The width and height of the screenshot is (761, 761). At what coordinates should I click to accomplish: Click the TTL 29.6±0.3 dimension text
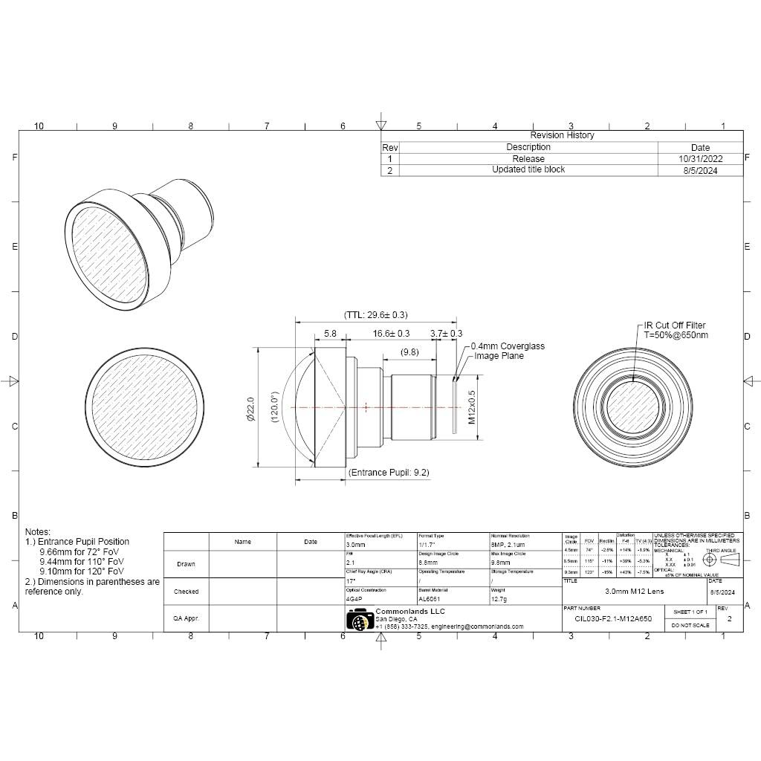[x=375, y=315]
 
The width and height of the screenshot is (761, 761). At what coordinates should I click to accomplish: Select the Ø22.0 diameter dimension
[x=250, y=409]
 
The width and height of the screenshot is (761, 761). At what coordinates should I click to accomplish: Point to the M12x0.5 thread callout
[x=471, y=407]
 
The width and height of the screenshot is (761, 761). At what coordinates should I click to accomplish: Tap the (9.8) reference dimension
[x=409, y=352]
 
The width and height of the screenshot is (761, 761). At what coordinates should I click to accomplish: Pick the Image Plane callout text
[x=499, y=356]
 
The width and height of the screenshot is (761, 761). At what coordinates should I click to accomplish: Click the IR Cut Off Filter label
[x=675, y=326]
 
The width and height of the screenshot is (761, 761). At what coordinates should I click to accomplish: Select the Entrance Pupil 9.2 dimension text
[x=389, y=473]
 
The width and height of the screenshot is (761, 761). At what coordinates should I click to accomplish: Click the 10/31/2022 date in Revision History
[x=700, y=158]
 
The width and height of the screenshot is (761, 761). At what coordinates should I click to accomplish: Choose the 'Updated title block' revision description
[x=528, y=169]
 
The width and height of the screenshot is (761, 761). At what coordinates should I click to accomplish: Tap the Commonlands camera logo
[x=360, y=619]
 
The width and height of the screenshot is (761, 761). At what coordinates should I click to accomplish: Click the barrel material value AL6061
[x=430, y=598]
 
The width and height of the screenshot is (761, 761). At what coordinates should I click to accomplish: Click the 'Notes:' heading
[x=38, y=532]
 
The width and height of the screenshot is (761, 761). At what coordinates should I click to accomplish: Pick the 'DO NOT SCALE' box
[x=690, y=626]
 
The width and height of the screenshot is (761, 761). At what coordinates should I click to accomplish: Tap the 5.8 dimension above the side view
[x=331, y=334]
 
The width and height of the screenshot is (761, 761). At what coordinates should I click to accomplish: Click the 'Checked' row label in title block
[x=186, y=592]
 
